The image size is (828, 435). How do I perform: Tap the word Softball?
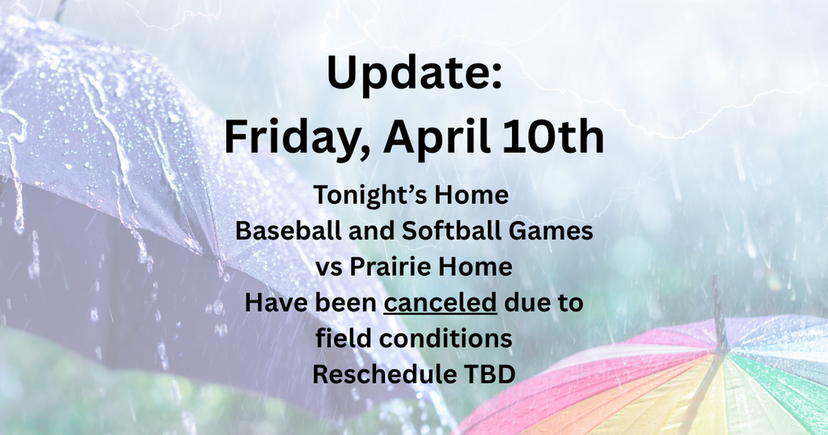point(437,231)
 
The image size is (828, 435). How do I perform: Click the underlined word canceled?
point(441,303)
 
